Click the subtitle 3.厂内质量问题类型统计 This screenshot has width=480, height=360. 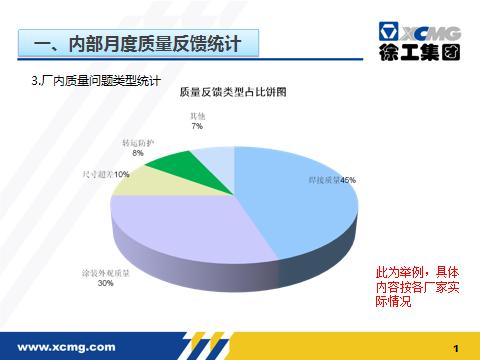96,79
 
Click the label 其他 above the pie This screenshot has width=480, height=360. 197,117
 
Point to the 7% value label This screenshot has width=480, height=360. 197,127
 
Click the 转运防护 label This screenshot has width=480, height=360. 137,143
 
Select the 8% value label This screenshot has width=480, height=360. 137,153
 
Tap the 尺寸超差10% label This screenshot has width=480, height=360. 105,174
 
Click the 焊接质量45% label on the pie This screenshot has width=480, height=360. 331,181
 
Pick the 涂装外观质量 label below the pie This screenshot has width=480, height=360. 105,272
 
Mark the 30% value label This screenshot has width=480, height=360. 105,283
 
